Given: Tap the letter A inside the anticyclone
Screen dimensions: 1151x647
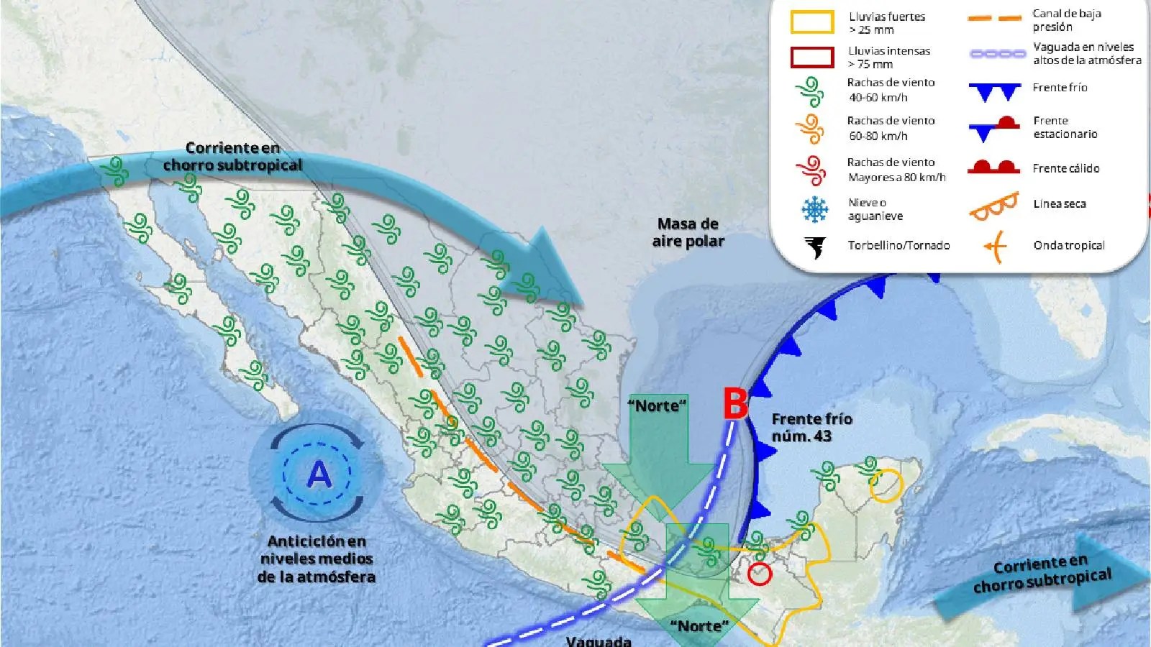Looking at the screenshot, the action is [319, 474].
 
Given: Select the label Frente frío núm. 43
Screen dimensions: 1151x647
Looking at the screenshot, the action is [811, 427].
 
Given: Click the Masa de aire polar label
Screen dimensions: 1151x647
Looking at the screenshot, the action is [688, 232].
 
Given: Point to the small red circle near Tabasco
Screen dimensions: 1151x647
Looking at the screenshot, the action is [760, 574].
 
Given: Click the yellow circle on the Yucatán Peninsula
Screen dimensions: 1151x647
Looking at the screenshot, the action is [886, 485].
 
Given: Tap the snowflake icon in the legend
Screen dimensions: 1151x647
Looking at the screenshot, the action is [814, 209].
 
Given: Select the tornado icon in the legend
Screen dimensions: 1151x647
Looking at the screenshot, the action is [815, 247].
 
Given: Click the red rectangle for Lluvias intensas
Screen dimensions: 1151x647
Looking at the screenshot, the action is [812, 57].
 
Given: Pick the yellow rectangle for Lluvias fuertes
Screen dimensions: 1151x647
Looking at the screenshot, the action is [812, 22].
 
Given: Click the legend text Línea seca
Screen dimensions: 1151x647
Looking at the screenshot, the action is [1059, 203].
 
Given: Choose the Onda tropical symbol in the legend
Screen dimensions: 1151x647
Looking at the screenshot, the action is [995, 247].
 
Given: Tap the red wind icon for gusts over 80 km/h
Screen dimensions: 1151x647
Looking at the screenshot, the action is [811, 170].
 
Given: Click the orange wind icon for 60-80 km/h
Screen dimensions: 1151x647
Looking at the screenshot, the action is [811, 129].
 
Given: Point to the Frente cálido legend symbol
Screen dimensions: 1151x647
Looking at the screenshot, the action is [994, 168].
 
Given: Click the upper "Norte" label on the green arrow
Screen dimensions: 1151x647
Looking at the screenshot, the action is [658, 405].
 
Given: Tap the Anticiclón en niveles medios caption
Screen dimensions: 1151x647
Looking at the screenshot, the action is [317, 559].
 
